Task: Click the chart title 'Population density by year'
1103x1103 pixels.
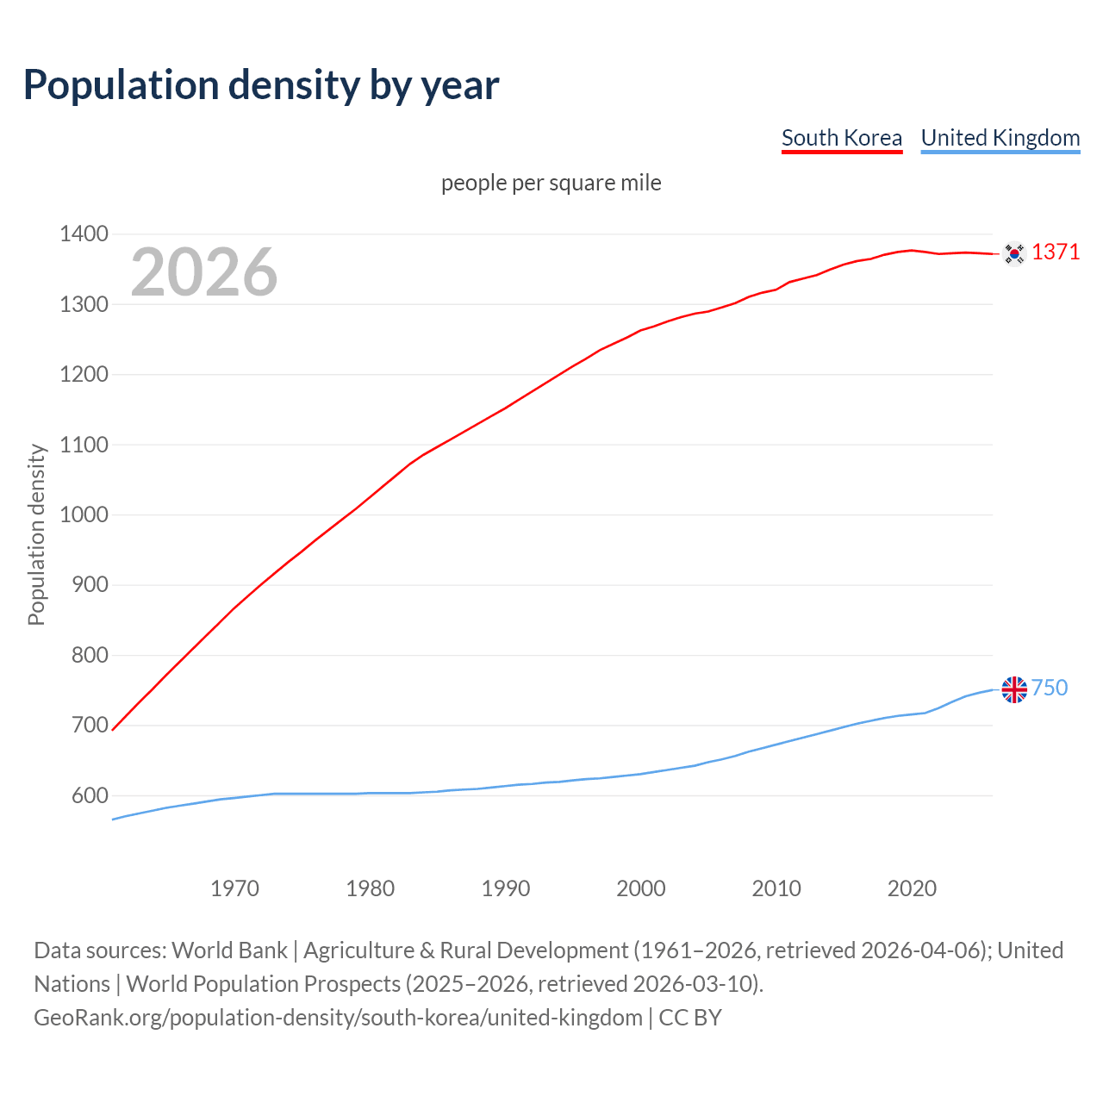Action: pos(261,84)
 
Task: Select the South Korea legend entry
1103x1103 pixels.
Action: pos(841,138)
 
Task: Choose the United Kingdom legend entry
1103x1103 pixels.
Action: pos(1000,138)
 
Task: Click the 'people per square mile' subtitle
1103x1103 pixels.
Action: pos(551,183)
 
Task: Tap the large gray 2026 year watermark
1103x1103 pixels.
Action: pos(204,272)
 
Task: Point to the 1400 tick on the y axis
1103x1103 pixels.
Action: pos(84,234)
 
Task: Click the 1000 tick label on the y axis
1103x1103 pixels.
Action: pos(84,514)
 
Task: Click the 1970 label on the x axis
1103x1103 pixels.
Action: pos(234,888)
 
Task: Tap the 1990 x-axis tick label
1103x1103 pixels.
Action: pos(506,888)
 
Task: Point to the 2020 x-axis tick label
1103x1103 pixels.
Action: pos(912,888)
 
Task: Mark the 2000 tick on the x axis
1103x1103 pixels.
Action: pos(641,888)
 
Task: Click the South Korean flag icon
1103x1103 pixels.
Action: pos(1014,252)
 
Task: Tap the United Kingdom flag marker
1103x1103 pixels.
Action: pos(1014,689)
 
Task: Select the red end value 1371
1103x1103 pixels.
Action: pos(1056,252)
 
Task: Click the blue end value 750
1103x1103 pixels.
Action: pos(1050,688)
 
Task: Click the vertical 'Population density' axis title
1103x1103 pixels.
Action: pos(36,534)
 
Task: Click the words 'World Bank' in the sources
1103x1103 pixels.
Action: pos(229,950)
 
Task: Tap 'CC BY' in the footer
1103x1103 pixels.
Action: pos(690,1017)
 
